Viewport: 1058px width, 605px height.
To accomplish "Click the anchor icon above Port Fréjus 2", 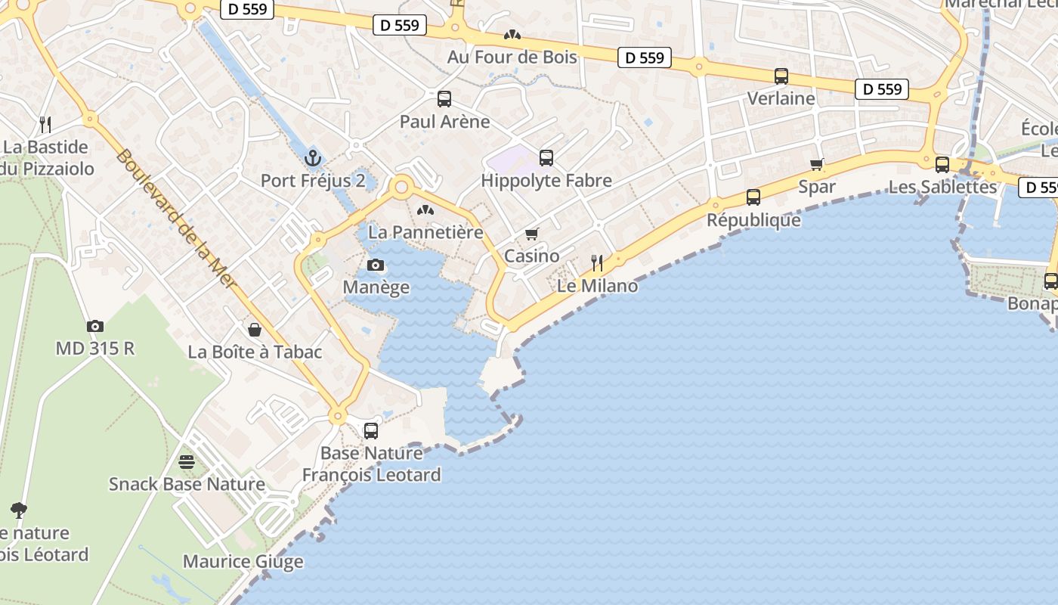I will click(312, 158).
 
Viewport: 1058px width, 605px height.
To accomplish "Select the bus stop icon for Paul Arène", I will click(444, 99).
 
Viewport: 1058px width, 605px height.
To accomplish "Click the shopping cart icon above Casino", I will click(532, 234).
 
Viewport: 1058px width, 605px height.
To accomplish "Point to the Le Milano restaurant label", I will click(597, 286).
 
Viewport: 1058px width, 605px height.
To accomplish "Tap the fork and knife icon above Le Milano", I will click(597, 263).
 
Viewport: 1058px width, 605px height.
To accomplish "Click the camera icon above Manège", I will click(376, 265).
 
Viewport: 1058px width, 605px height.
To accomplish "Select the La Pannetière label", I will click(425, 232).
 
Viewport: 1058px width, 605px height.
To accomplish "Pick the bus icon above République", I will click(753, 197).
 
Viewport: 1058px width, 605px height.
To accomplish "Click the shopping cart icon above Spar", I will click(817, 164).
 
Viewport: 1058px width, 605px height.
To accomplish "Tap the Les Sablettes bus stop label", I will click(942, 187).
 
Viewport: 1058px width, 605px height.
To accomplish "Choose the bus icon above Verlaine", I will click(781, 76).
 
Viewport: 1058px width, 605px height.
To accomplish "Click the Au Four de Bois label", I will click(512, 57).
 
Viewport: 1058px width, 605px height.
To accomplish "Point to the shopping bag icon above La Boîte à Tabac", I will click(255, 330).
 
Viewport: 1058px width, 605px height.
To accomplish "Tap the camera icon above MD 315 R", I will click(95, 326).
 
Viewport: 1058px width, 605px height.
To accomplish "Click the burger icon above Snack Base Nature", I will click(187, 461).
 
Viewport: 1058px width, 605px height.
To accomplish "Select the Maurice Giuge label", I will click(243, 561).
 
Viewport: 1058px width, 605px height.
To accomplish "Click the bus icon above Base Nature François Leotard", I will click(371, 431).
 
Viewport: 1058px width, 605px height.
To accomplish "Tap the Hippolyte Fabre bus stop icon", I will click(546, 158).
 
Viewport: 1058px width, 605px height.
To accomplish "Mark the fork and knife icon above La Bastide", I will click(45, 124).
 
